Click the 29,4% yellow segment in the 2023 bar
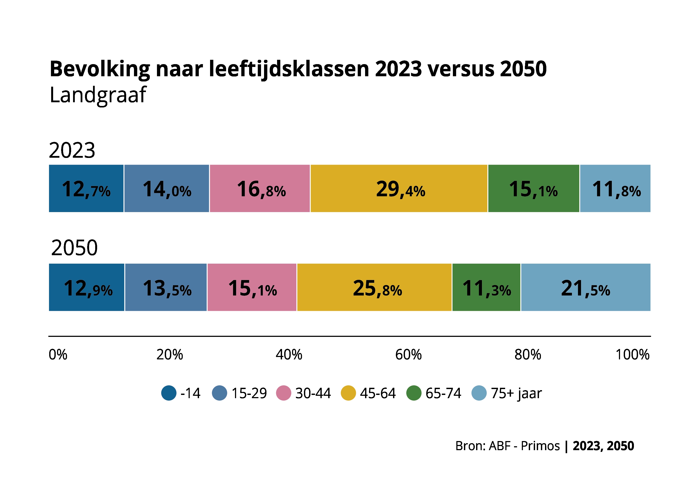tap(399, 188)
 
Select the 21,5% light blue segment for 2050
tap(585, 287)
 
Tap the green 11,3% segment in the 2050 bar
tap(486, 287)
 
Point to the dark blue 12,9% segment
tap(87, 287)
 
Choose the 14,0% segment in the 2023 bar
tap(167, 188)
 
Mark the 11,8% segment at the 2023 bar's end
tap(615, 188)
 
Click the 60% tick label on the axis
tap(408, 354)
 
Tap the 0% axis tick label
tap(58, 354)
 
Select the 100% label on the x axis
tap(632, 354)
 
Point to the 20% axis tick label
tap(170, 354)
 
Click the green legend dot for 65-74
tap(414, 393)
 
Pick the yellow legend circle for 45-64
tap(348, 393)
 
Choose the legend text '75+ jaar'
tap(516, 393)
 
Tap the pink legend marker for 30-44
tap(283, 393)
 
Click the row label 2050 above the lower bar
tap(74, 248)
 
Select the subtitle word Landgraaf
tap(98, 95)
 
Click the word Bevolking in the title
tap(100, 69)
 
